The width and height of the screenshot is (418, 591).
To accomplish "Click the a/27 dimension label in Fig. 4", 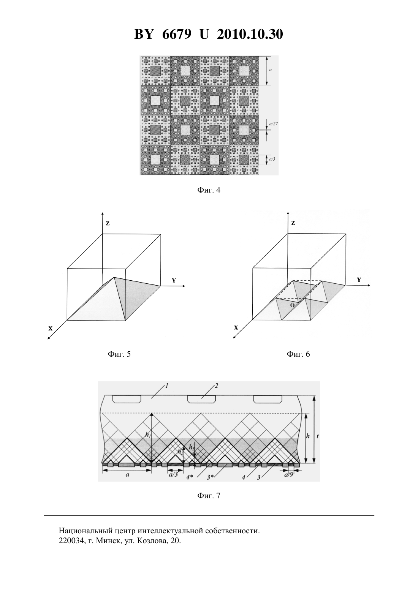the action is click(x=273, y=123).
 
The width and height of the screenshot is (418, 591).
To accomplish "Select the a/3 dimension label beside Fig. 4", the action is click(x=272, y=159).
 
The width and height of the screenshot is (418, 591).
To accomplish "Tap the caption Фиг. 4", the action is click(x=209, y=190).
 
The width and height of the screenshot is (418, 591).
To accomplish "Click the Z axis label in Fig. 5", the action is click(x=108, y=223).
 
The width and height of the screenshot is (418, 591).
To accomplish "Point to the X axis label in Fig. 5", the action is click(x=50, y=329).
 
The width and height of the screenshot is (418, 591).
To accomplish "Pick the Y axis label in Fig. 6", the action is click(x=359, y=280).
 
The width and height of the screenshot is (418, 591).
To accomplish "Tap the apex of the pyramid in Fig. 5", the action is click(x=114, y=277).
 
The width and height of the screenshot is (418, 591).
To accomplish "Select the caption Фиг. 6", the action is click(x=298, y=354).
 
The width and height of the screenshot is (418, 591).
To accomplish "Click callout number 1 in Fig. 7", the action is click(x=167, y=386).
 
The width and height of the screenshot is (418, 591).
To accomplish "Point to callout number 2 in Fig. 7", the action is click(x=216, y=386).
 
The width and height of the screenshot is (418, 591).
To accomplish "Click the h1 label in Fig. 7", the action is click(x=148, y=435).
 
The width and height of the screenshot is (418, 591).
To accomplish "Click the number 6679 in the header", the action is click(x=177, y=34).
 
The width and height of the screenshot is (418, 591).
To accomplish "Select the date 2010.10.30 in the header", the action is click(x=250, y=34).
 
